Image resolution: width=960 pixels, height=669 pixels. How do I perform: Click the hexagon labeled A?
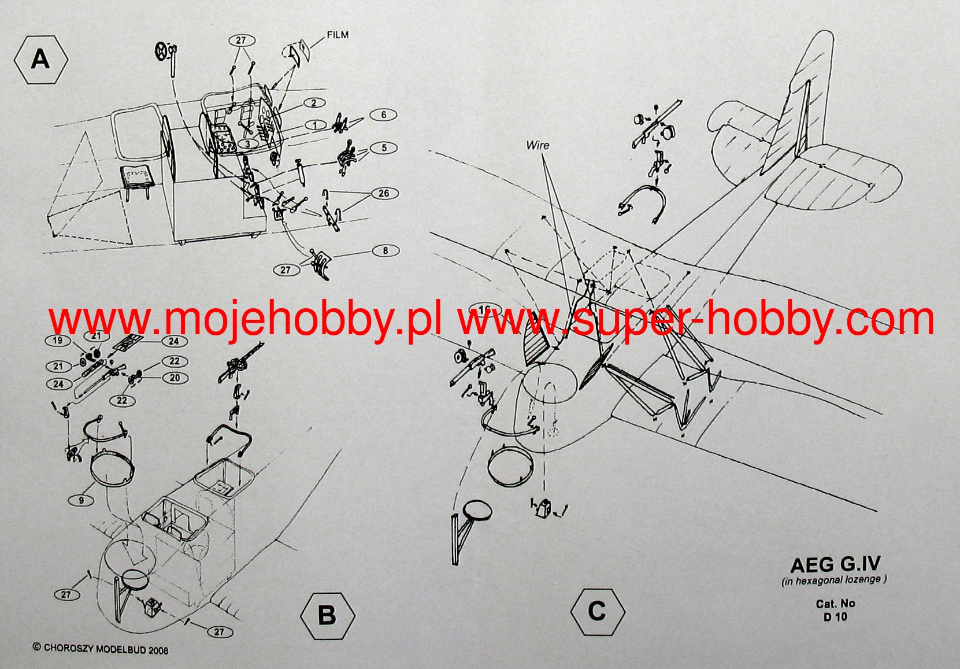pos(40,60)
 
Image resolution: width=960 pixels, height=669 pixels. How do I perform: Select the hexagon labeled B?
pos(327,615)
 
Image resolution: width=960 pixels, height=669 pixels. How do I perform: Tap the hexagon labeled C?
pos(597,612)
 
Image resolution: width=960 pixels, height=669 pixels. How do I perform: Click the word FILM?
pos(338,35)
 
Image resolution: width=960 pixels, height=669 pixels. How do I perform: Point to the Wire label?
pos(538,145)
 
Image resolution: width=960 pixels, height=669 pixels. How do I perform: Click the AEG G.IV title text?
pos(835,564)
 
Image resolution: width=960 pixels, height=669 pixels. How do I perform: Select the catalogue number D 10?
pos(835,616)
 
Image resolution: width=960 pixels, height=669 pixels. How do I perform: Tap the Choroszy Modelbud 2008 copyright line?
pos(101,649)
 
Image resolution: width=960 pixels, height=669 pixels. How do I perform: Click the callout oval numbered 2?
pos(314,104)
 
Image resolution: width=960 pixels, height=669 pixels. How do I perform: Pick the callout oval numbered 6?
pos(383,115)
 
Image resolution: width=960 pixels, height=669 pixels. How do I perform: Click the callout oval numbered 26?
pos(384,194)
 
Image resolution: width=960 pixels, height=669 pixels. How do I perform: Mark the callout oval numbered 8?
pos(386,251)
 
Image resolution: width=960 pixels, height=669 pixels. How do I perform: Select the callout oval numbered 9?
pos(81,500)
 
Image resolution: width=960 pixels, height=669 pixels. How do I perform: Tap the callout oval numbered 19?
pos(58,341)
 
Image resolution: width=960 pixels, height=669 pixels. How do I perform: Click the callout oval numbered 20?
pos(175,378)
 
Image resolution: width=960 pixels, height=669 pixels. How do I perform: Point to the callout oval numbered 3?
pos(247,144)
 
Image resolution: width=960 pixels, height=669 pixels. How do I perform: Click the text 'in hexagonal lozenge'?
pos(834,580)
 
